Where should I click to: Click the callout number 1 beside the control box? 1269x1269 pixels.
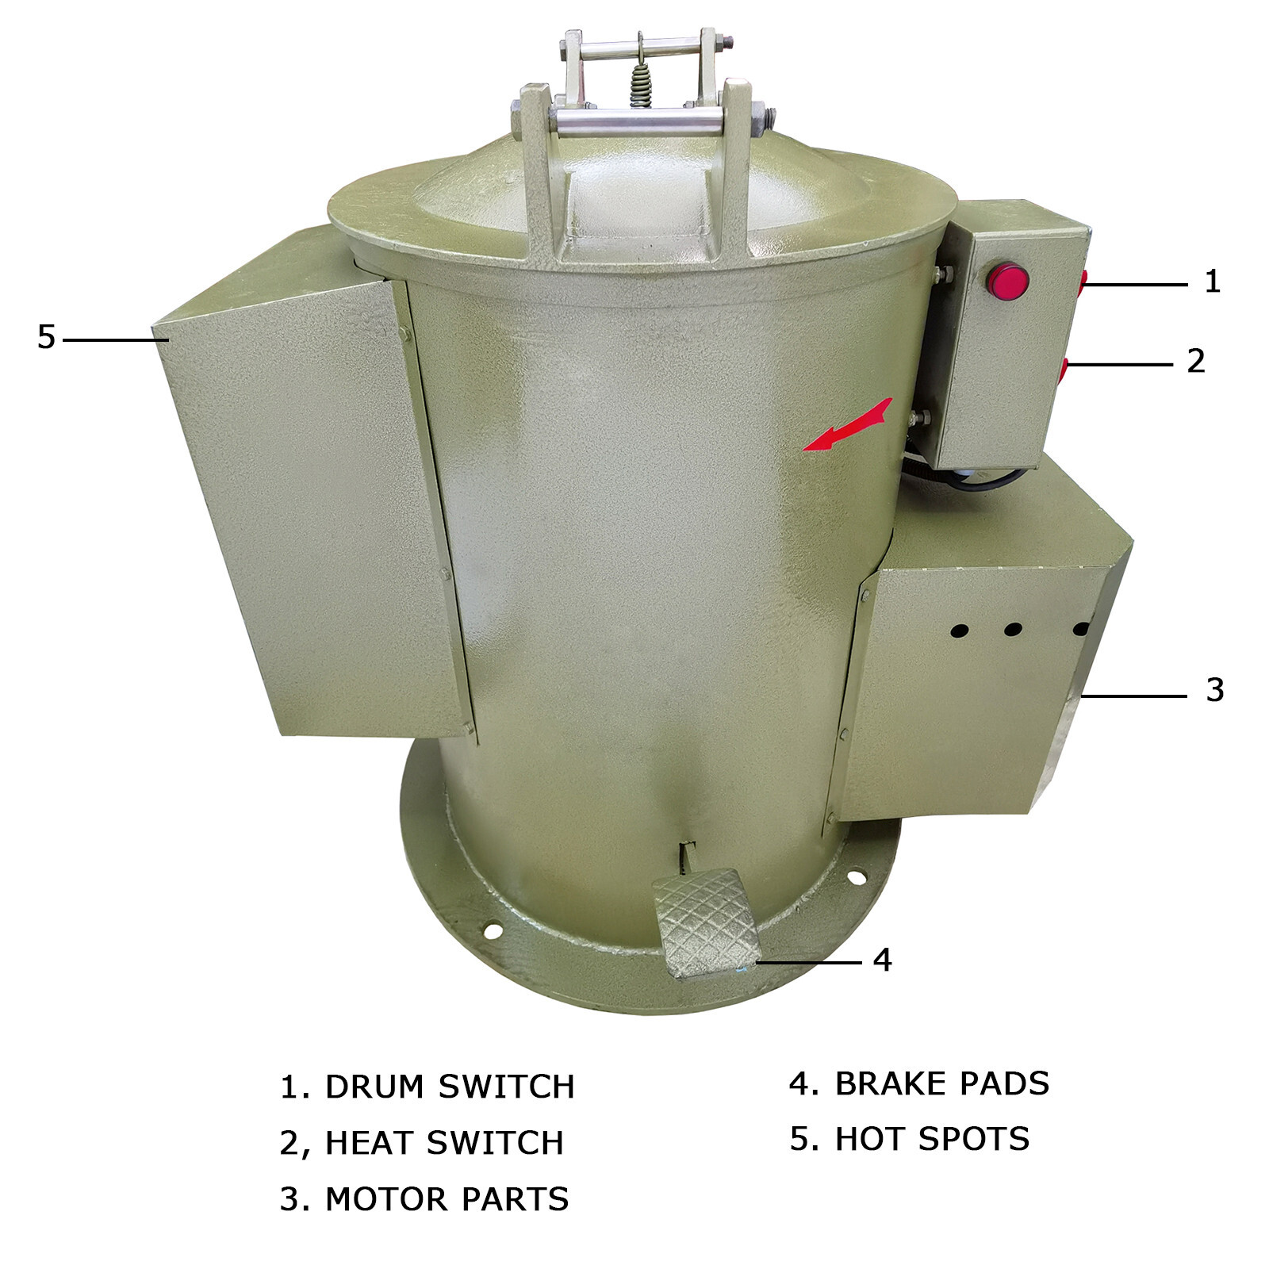(1212, 282)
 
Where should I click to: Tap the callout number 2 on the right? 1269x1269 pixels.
(1196, 361)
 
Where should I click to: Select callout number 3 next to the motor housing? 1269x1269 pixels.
(1215, 690)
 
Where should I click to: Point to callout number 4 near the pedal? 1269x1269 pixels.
(883, 960)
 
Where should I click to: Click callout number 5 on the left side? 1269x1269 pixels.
(46, 337)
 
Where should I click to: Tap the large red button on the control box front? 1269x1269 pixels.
(1007, 281)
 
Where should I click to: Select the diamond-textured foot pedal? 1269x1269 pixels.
(705, 923)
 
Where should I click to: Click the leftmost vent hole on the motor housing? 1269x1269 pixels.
(960, 631)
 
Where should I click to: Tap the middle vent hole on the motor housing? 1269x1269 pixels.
(1013, 630)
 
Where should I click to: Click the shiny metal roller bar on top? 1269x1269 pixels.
(640, 122)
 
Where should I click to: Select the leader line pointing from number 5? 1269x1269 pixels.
(116, 340)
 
